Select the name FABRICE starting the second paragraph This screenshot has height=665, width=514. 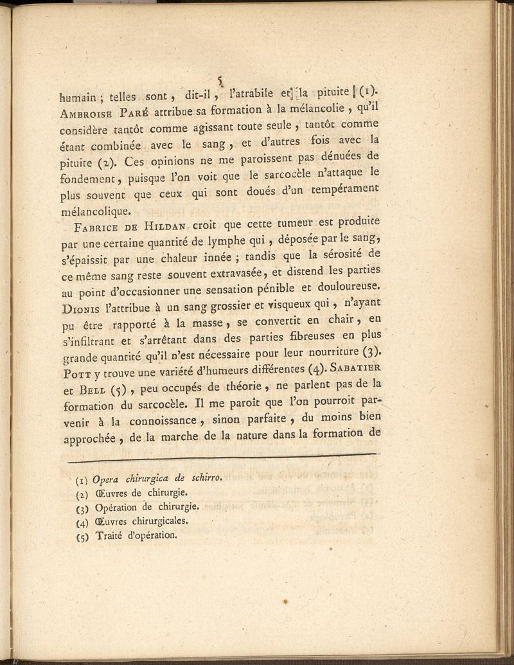point(97,227)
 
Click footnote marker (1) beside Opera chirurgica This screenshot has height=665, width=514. point(82,479)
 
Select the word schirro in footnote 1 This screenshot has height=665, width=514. point(207,477)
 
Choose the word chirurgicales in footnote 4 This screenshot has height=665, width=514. point(159,520)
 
